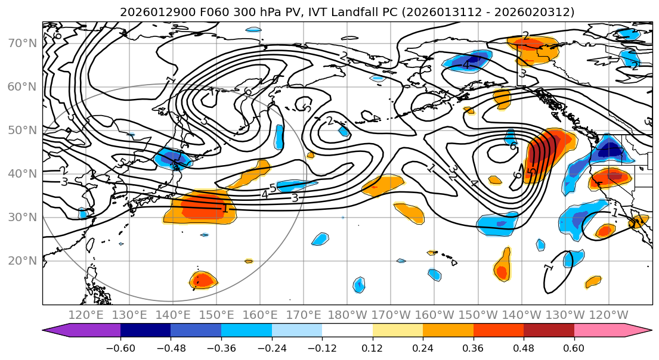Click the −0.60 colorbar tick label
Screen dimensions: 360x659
[120, 347]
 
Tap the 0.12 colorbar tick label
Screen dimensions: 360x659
[372, 347]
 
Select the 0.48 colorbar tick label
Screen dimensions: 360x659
[524, 347]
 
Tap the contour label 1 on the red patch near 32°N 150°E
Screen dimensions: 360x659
[225, 209]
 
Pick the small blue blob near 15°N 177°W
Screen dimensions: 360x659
[358, 285]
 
